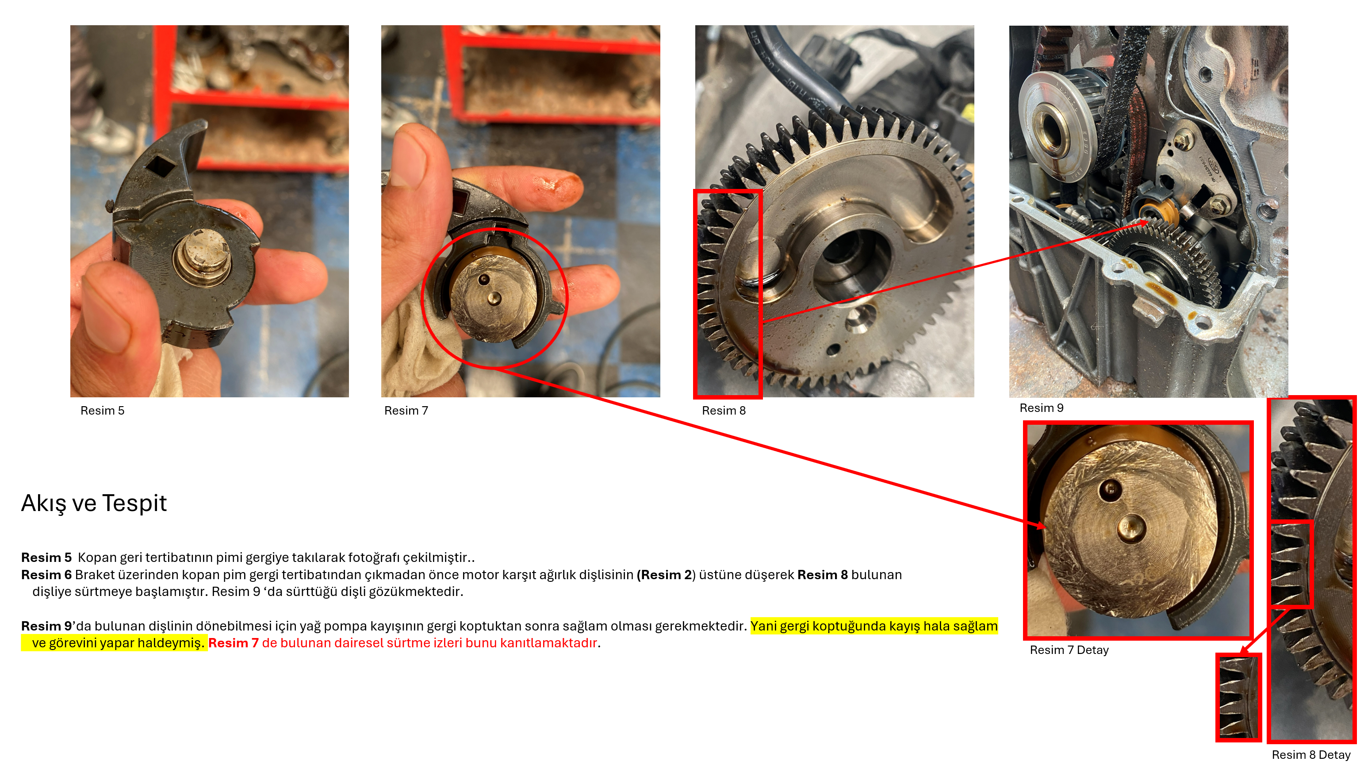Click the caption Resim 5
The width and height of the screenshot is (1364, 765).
(102, 411)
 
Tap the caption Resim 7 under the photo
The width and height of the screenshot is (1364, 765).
(406, 411)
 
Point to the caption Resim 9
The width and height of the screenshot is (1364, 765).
(1042, 408)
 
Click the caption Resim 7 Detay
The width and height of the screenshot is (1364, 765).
(1069, 650)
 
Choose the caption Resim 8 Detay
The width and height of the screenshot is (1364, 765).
(1311, 755)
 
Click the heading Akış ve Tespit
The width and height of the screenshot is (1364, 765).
(94, 504)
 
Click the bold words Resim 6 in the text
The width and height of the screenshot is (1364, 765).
(46, 575)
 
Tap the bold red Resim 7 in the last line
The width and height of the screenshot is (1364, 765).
(233, 643)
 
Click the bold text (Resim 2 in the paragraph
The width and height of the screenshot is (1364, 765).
(664, 575)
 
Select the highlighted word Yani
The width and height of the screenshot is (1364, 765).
(763, 626)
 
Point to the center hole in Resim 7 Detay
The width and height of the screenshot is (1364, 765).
(1131, 529)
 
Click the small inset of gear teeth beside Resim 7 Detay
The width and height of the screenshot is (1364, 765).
(1238, 697)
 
